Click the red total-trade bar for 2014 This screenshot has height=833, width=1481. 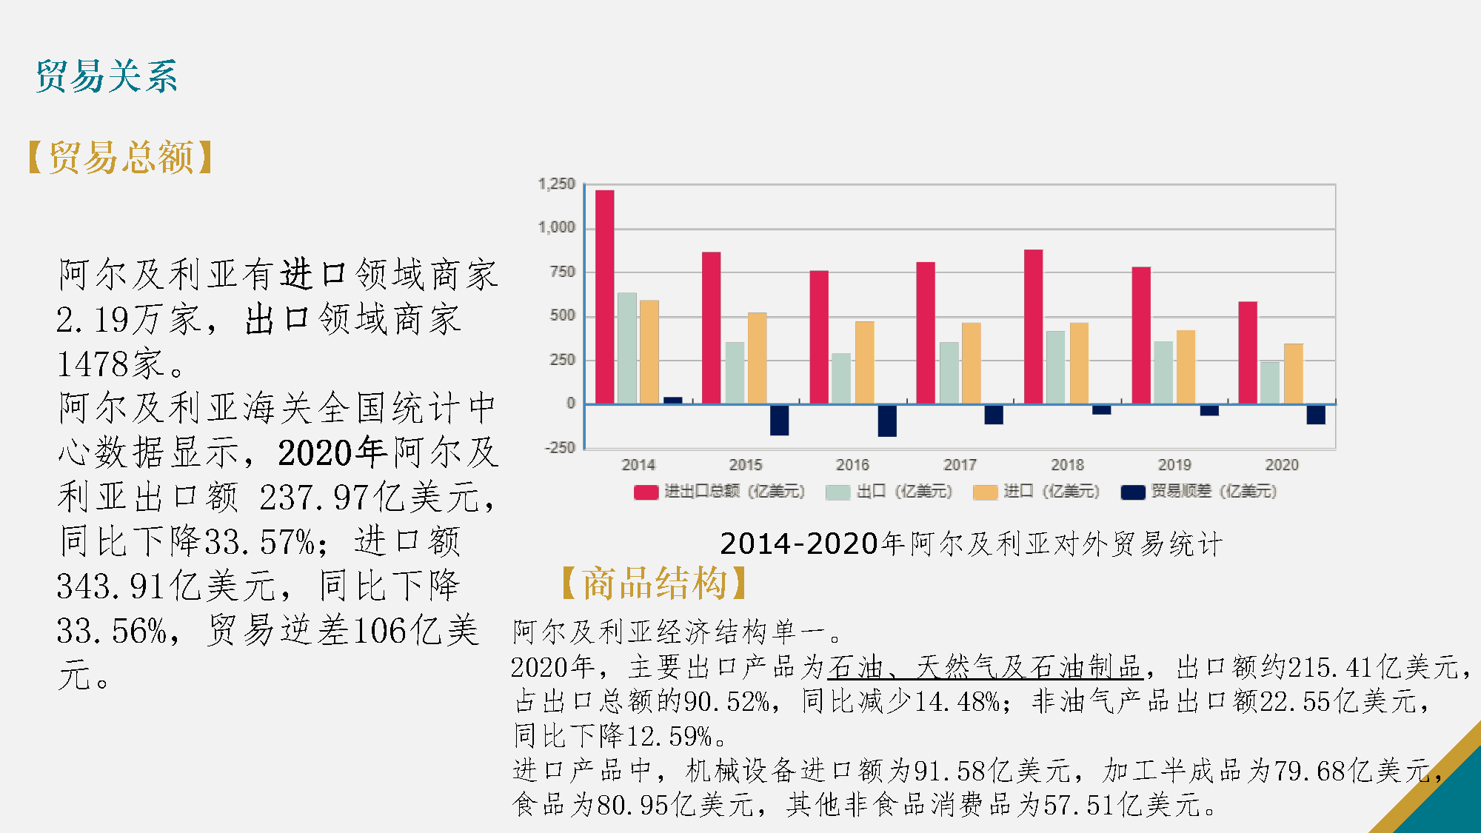(604, 296)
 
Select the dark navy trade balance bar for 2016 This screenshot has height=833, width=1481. (886, 420)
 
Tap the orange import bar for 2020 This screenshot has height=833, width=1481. (1293, 374)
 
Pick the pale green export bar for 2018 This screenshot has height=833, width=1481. (1055, 367)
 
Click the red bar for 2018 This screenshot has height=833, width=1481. (1033, 327)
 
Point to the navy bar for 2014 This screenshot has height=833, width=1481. (672, 401)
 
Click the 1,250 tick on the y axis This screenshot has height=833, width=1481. (556, 184)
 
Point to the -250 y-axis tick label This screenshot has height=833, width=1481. (559, 448)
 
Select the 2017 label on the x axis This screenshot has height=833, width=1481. (960, 465)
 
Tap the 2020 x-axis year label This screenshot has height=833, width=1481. (1282, 465)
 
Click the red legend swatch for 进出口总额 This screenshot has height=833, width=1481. (646, 492)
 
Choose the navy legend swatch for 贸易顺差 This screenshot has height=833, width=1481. (1133, 492)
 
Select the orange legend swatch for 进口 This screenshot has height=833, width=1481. (985, 492)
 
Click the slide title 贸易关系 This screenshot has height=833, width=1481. (107, 76)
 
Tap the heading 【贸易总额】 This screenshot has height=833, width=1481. (121, 157)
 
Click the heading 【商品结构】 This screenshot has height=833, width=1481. (655, 583)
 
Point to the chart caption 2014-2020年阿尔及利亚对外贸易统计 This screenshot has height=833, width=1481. (971, 544)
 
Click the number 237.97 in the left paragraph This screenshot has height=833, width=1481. (314, 498)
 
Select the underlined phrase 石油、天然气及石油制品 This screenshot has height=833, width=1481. (985, 667)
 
